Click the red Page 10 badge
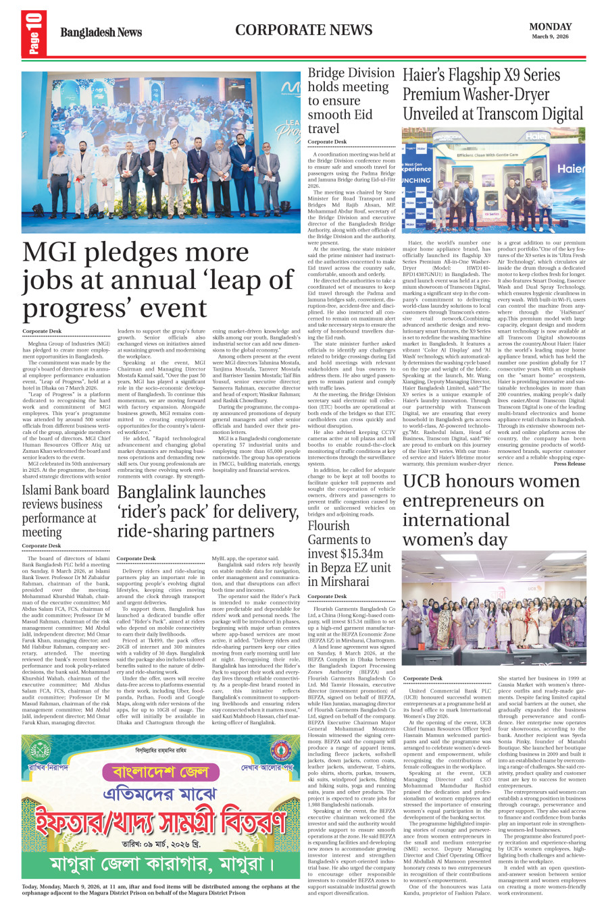point(33,33)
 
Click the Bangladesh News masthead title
point(101,32)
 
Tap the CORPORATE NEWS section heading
point(303,30)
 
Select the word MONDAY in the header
point(550,27)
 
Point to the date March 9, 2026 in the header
point(550,36)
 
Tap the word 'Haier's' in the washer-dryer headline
point(432,76)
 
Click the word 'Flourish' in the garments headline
point(328,525)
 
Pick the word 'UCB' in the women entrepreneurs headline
point(427,481)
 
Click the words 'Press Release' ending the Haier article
point(569,464)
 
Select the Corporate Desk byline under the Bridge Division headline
point(327,142)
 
